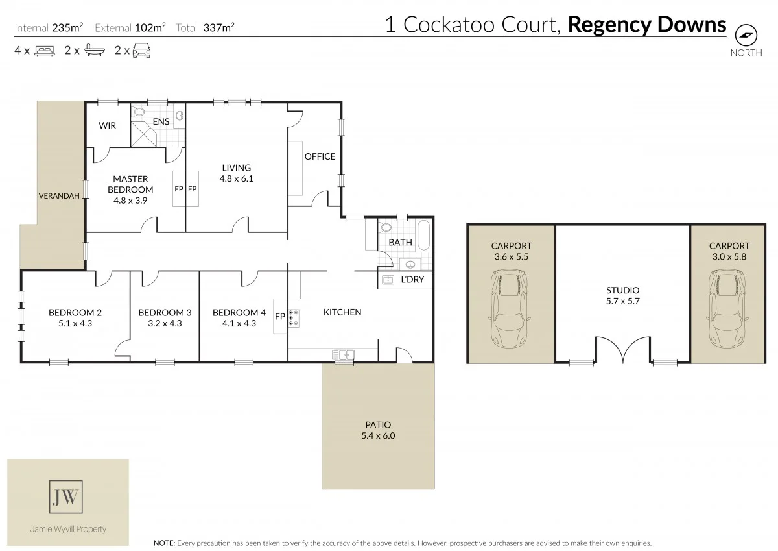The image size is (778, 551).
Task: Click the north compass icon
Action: click(x=746, y=35)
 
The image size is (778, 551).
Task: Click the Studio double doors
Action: click(x=623, y=350)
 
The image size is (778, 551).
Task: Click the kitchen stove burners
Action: click(x=293, y=317)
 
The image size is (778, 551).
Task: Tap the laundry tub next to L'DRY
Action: click(x=389, y=280)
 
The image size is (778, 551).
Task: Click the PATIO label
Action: click(x=378, y=425)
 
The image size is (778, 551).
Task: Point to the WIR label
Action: click(x=108, y=125)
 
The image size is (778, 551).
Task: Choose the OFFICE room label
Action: click(x=320, y=156)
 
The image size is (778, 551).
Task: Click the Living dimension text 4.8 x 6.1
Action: click(x=237, y=178)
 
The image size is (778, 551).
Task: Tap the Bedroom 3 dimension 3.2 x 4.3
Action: click(x=165, y=323)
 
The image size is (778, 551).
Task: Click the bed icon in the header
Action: click(x=44, y=50)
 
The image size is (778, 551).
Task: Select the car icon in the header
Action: click(x=141, y=50)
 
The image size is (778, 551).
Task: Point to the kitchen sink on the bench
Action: click(x=342, y=354)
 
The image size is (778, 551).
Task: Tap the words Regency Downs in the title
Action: click(x=646, y=25)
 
